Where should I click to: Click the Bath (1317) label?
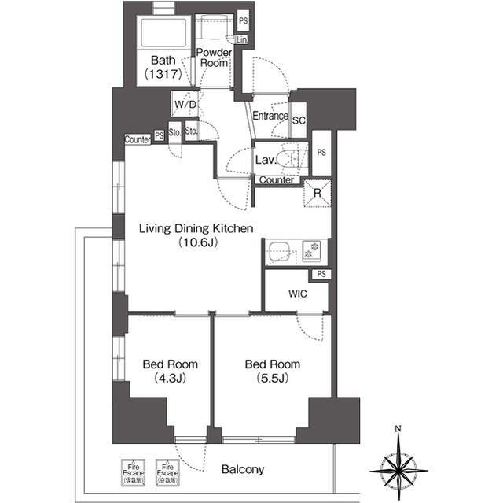[163, 67]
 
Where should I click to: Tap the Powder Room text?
[213, 57]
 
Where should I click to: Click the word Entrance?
[270, 117]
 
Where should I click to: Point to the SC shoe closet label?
[299, 120]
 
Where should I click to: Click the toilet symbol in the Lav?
[294, 157]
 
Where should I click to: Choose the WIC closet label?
[296, 294]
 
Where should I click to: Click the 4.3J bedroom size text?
[170, 379]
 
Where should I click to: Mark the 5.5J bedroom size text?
[272, 379]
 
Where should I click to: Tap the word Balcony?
[242, 470]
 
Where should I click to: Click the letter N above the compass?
[398, 429]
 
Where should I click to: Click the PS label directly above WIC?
[321, 274]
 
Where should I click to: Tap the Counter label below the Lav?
[276, 180]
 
